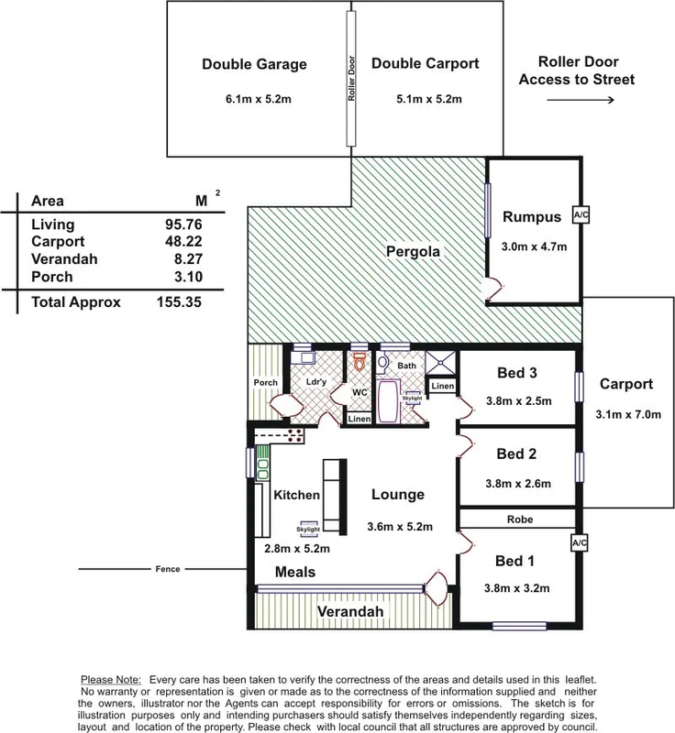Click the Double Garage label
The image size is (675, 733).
click(253, 65)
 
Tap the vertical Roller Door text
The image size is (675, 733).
click(350, 78)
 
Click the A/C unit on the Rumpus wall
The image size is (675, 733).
click(580, 215)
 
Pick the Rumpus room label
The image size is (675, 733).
click(531, 217)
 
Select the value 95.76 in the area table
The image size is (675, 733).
click(180, 224)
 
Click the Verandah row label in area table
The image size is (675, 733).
click(65, 259)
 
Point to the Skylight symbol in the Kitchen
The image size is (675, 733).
click(307, 526)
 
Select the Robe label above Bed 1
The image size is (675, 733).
click(519, 519)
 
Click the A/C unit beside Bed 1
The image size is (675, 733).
click(580, 542)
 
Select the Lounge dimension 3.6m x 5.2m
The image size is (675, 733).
click(399, 526)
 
